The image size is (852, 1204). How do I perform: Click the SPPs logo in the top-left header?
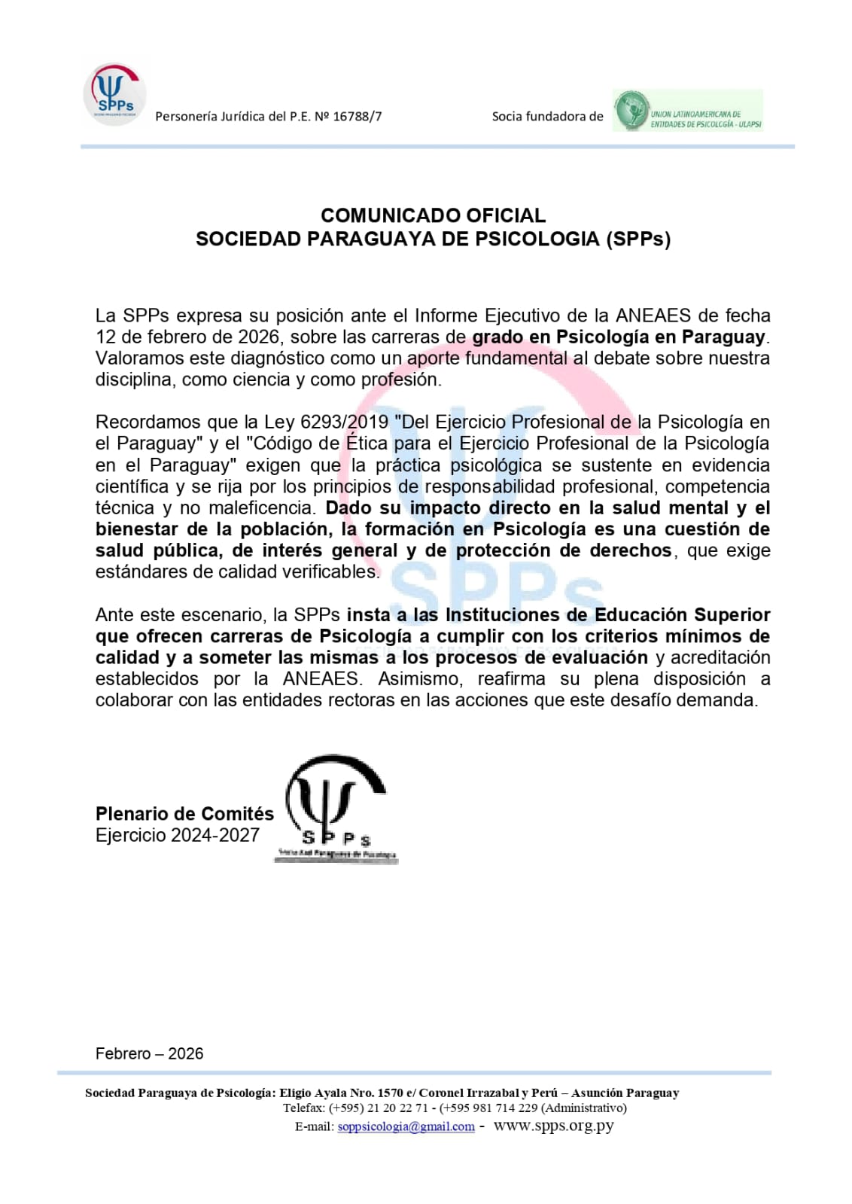tap(114, 93)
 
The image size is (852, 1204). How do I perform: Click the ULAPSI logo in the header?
tap(687, 111)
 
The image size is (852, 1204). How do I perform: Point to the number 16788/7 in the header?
tap(357, 117)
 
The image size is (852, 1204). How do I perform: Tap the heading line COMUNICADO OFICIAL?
tap(433, 215)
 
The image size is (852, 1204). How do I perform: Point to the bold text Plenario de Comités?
tap(184, 814)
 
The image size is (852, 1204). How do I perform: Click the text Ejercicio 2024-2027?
tap(178, 835)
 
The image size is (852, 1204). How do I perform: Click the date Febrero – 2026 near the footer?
tap(149, 1053)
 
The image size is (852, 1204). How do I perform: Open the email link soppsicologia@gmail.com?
tap(406, 1126)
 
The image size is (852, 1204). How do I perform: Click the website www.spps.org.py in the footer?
tap(553, 1126)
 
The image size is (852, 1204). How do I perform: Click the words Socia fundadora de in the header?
tap(547, 117)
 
